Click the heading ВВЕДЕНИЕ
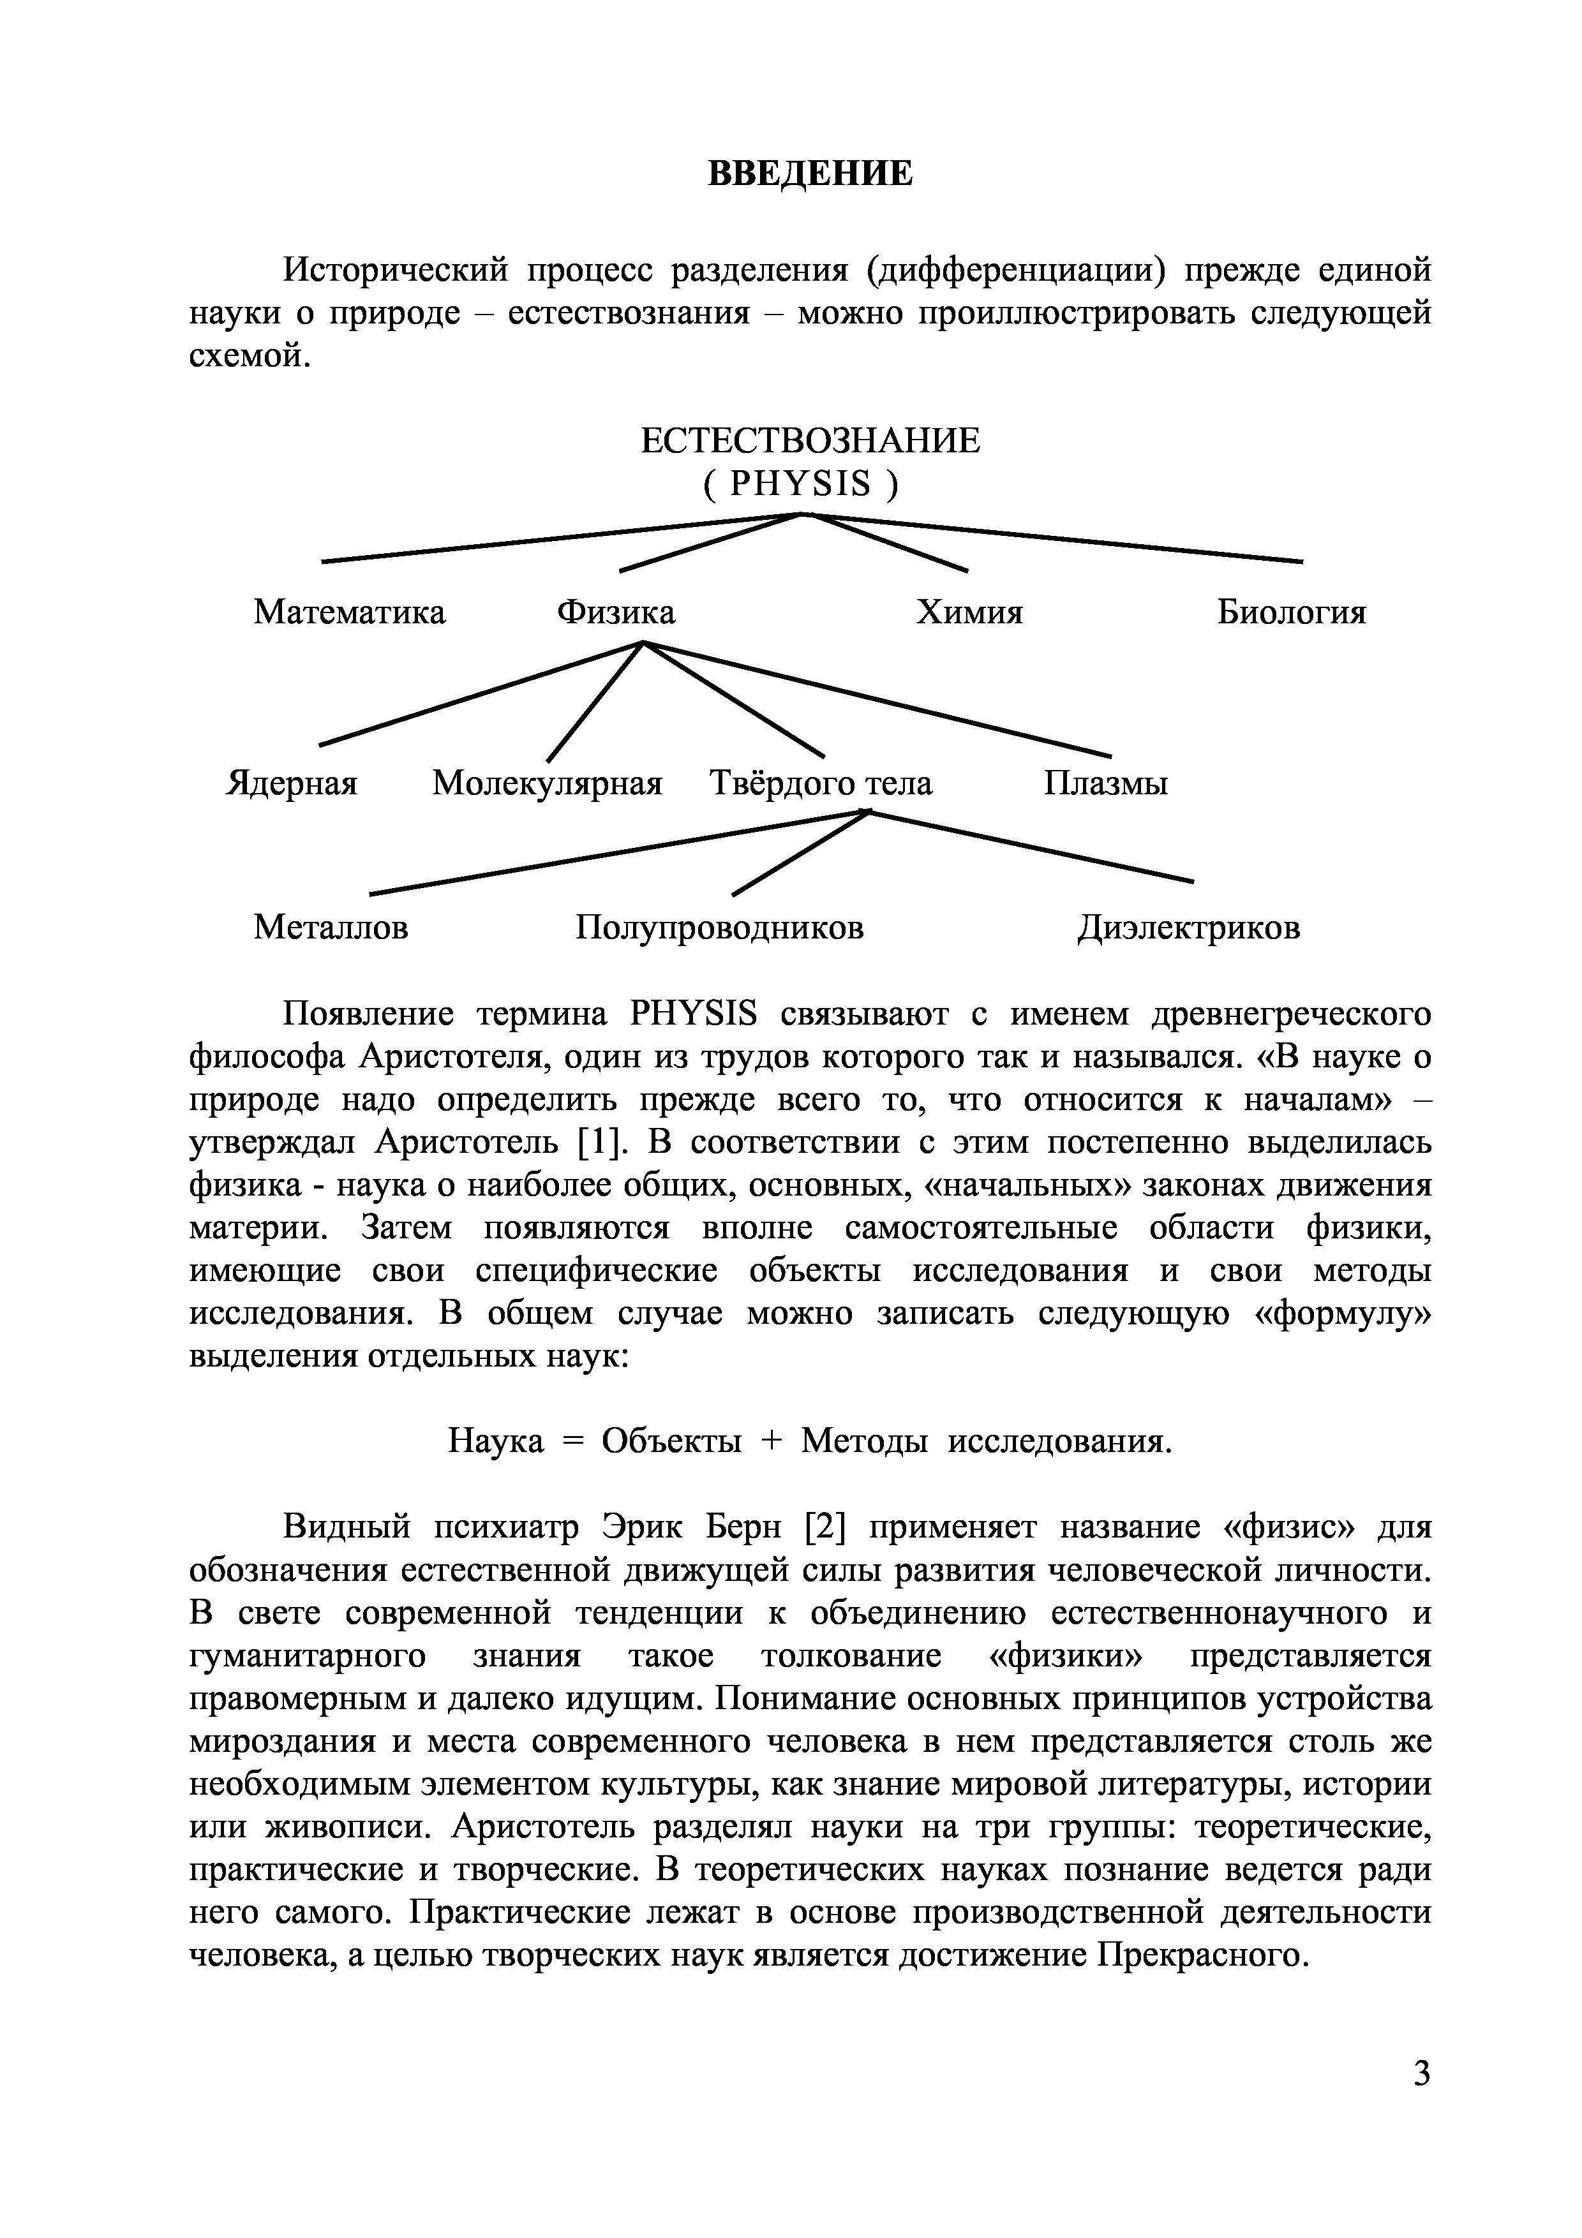[809, 174]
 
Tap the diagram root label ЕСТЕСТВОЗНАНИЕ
[810, 441]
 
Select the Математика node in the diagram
[349, 613]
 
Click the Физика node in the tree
[615, 613]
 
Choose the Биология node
[1292, 613]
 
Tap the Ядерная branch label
[292, 783]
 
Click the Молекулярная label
[547, 783]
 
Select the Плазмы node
[1105, 783]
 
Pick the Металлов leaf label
[331, 927]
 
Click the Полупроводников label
[719, 927]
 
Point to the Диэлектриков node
[1188, 927]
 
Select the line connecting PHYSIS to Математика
[560, 537]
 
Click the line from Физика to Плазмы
[877, 698]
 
